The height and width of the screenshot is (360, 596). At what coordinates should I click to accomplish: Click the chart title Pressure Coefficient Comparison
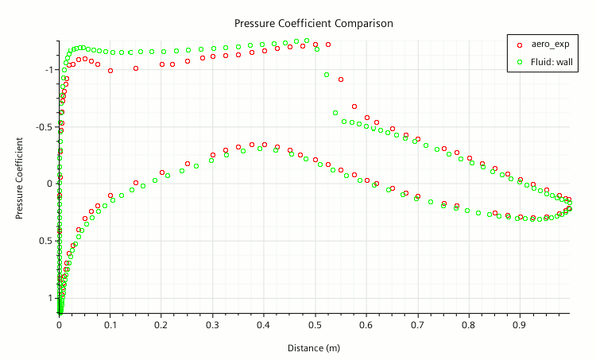313,23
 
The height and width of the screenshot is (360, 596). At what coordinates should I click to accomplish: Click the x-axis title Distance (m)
314,347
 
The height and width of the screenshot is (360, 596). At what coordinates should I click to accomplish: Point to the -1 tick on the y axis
49,70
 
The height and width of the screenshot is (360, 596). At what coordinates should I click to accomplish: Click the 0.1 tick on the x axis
110,325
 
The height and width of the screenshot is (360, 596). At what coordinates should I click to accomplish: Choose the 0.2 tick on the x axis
161,325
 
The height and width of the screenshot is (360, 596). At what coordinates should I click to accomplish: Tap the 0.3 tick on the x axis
213,325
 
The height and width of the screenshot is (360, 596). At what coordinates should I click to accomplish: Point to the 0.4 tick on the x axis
264,325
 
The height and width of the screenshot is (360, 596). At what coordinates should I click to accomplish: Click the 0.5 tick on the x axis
315,325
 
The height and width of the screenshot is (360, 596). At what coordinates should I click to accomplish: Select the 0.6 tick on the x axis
366,325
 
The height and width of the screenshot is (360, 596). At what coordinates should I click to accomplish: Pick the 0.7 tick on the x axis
418,325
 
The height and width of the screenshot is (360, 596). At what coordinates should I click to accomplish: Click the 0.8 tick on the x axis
469,325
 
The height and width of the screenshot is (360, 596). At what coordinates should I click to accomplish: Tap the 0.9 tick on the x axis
521,325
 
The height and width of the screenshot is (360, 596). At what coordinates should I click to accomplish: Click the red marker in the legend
519,45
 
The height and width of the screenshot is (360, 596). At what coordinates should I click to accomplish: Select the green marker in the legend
519,60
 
